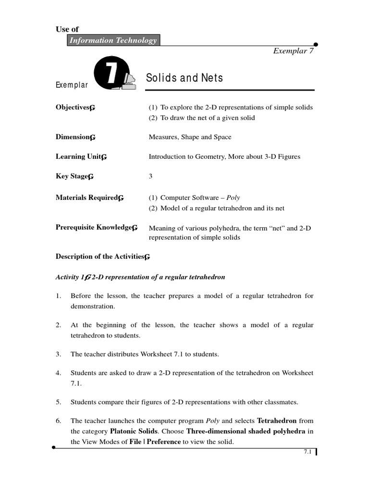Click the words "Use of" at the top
click(67, 29)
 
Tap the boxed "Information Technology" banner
click(113, 40)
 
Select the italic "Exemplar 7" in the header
click(293, 51)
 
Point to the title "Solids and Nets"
click(184, 78)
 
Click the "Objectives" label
click(73, 107)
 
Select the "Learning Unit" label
click(78, 157)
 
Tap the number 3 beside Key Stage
click(150, 176)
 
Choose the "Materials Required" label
click(86, 198)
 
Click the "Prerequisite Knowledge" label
click(94, 227)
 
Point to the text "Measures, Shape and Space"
click(190, 137)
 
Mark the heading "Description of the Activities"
click(100, 257)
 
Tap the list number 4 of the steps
click(58, 373)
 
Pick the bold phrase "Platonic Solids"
click(140, 431)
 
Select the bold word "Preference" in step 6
click(163, 442)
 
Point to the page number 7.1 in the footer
click(307, 452)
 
